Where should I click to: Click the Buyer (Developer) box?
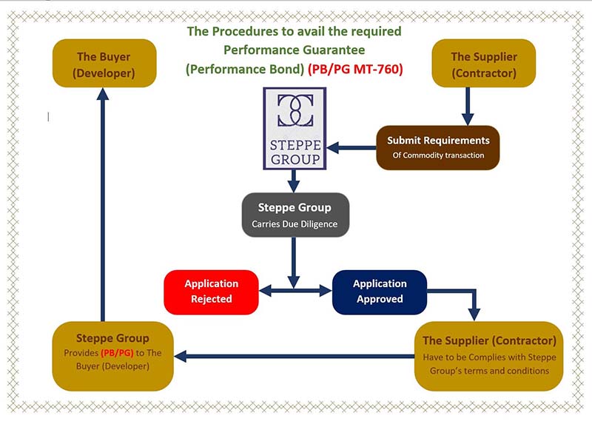click(x=104, y=64)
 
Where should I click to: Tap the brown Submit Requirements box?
click(x=437, y=147)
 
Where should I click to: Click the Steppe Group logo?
click(x=295, y=127)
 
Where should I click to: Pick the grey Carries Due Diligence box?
click(x=295, y=215)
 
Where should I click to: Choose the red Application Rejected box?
click(x=212, y=291)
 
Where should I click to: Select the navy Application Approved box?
click(x=380, y=291)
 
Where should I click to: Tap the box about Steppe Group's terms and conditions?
click(x=488, y=355)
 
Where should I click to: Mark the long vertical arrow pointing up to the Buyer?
click(x=104, y=207)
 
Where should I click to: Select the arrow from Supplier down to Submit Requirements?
click(x=467, y=108)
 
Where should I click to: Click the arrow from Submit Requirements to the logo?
click(x=351, y=148)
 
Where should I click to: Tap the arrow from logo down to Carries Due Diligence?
click(x=294, y=180)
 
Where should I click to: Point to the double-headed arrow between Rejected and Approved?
click(x=295, y=291)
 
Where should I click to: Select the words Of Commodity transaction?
click(x=437, y=155)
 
